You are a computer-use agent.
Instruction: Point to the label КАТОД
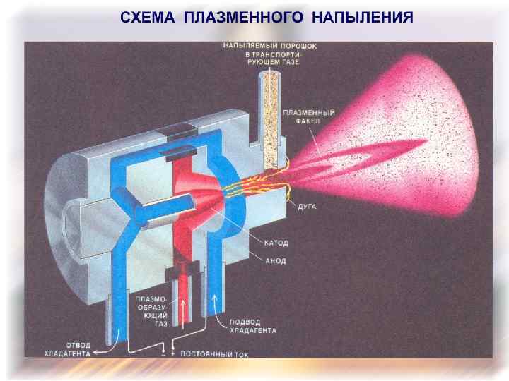click(x=278, y=242)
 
